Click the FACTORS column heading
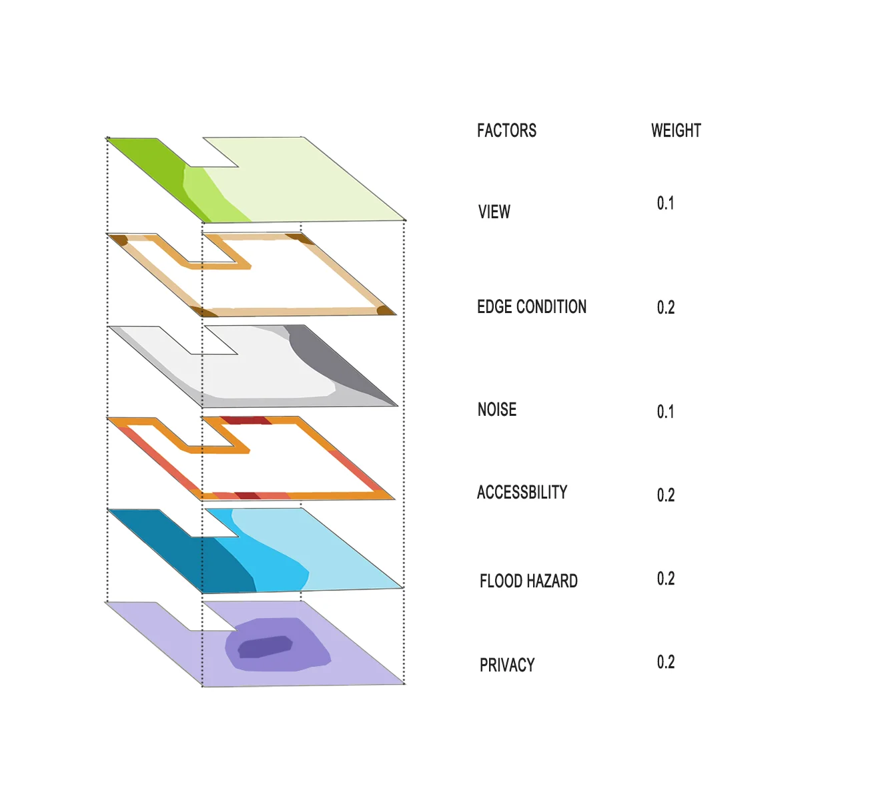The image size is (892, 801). (506, 131)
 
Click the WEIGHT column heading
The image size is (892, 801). (676, 131)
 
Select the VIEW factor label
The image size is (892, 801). (494, 212)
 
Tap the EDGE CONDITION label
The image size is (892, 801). (532, 307)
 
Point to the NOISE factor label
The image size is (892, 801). (497, 410)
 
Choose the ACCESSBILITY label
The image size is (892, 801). (522, 493)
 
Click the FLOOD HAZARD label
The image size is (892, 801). (528, 581)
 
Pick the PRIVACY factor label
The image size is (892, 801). (507, 665)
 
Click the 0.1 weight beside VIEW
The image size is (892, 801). (665, 204)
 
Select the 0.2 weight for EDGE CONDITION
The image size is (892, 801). (666, 308)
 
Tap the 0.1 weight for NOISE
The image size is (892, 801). (665, 412)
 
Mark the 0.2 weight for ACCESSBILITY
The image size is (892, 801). (666, 495)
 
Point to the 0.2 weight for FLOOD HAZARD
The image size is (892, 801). (666, 579)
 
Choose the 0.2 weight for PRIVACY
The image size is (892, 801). (666, 662)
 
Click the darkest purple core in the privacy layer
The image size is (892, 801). (265, 647)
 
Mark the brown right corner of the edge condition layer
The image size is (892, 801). (385, 310)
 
